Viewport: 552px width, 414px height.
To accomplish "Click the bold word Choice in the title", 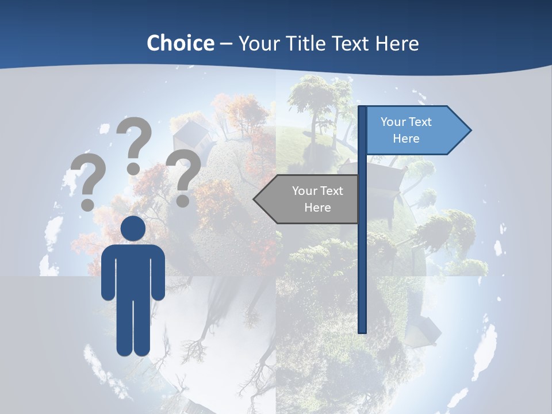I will coord(180,43).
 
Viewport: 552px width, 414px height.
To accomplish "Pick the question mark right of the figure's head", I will coord(184,176).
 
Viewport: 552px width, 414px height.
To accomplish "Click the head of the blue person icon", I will coord(133,229).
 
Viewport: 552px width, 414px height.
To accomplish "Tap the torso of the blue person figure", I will coord(133,270).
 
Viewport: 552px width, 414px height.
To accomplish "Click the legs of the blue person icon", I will coord(133,328).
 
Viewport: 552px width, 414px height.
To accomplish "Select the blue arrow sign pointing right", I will coord(414,130).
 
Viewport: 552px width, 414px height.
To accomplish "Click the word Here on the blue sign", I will coord(406,139).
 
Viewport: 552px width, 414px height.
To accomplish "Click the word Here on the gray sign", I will coord(317,208).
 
